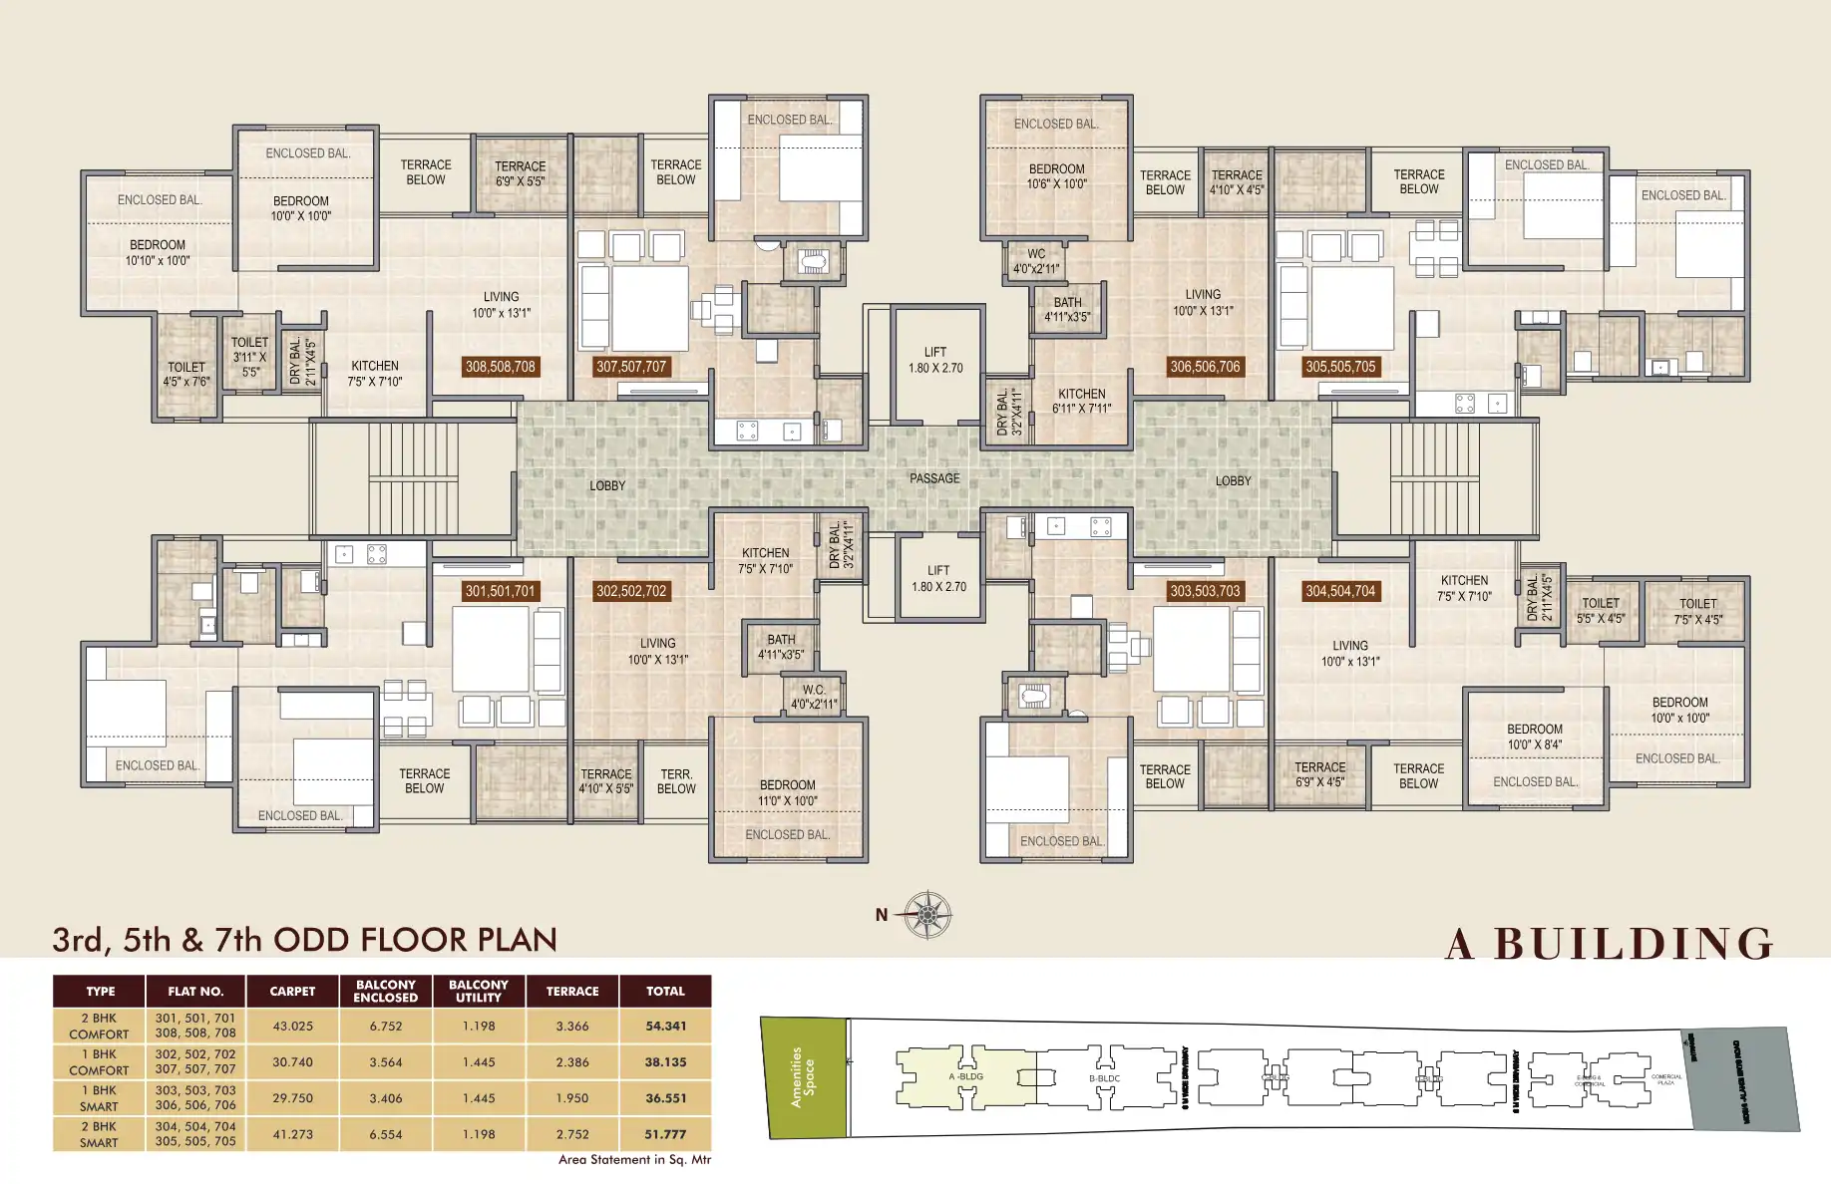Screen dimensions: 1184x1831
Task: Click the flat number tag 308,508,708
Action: tap(501, 367)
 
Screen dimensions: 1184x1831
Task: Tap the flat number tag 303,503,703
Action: tap(1205, 591)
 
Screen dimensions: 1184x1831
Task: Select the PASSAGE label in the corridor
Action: tap(934, 478)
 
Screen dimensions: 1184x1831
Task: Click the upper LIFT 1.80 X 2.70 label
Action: tap(935, 360)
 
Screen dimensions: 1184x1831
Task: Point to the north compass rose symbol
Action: tap(927, 914)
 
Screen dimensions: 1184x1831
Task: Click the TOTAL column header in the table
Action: tap(665, 991)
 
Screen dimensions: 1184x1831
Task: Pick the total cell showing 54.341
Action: tap(665, 1026)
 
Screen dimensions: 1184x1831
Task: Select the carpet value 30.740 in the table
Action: tap(292, 1062)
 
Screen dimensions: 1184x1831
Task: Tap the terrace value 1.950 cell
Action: tap(572, 1098)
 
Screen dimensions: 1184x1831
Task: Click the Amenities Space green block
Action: tap(804, 1076)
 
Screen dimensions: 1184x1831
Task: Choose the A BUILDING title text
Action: tap(1609, 944)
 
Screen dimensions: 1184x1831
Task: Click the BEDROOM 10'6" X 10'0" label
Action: tap(1057, 176)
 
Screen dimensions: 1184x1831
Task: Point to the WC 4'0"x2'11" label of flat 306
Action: tap(1037, 261)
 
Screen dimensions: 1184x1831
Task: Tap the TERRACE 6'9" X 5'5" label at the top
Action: tap(521, 174)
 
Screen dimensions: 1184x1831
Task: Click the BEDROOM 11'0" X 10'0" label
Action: tap(788, 793)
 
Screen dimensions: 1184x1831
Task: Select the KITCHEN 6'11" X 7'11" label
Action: tap(1082, 401)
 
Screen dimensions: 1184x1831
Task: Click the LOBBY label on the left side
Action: tap(607, 485)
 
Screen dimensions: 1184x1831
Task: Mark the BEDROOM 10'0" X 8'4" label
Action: tap(1535, 737)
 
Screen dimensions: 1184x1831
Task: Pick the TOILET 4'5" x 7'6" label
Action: tap(186, 374)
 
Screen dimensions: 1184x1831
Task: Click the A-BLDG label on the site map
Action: tap(965, 1076)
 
